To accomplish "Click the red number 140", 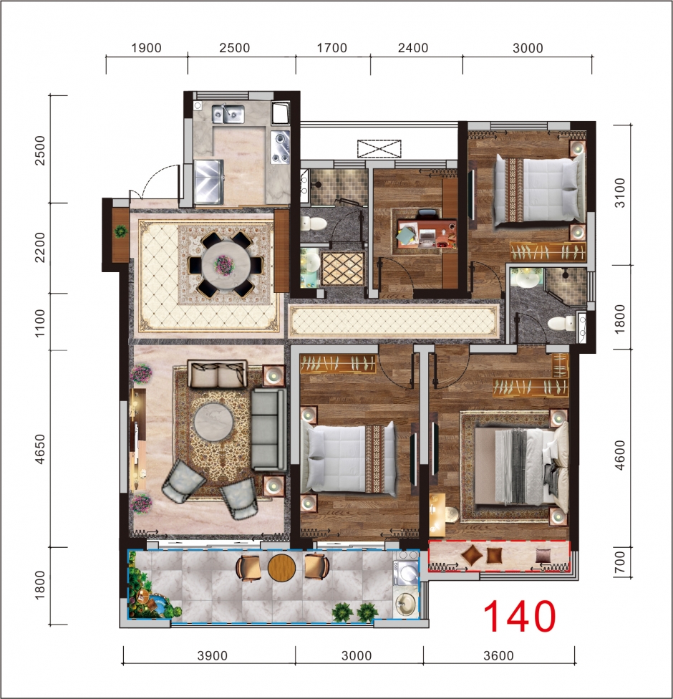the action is [520, 617].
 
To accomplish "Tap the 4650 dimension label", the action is [40, 449].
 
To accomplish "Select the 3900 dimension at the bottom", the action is [212, 656].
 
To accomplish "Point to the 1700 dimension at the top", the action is [332, 48].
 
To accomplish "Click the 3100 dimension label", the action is [620, 193].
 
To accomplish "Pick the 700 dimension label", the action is [620, 563].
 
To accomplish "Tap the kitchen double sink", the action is [228, 114].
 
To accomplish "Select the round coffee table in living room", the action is [213, 422].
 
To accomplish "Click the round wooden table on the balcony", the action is [281, 567].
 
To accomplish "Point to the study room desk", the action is [427, 233].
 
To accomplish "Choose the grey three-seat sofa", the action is [268, 430].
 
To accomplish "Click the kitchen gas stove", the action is [281, 147].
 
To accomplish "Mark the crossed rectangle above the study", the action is [379, 149].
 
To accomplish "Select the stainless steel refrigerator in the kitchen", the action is [208, 182].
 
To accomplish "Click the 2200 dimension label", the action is [40, 247].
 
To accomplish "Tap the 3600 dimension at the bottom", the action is [499, 656].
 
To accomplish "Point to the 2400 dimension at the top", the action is [413, 48].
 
